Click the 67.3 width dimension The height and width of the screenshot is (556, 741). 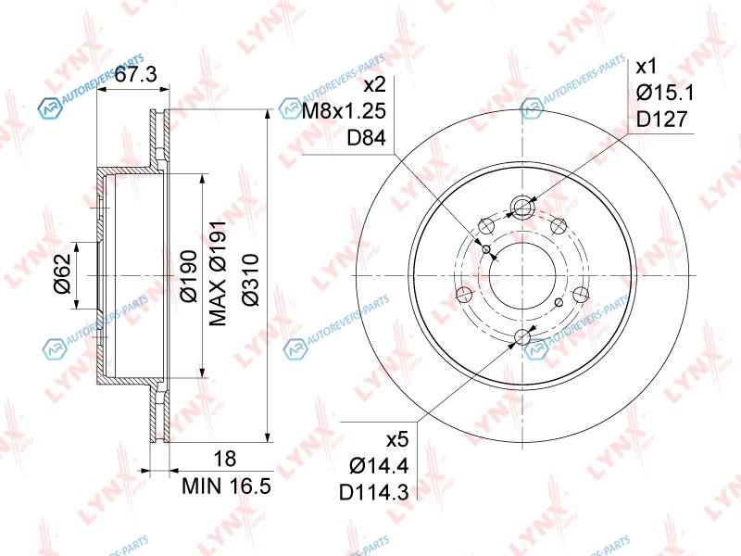coord(136,74)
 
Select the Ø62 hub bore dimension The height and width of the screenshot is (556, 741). coord(62,273)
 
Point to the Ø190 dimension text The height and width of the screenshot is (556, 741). coord(189,276)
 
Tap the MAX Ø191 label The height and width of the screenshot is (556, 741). coord(218,272)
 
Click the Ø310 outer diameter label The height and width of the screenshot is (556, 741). coord(250,280)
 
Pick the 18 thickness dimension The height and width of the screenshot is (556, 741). coord(225,459)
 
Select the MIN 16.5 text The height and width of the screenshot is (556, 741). coord(227,486)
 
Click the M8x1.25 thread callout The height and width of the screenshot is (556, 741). coord(344,111)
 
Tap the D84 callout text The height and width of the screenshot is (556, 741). coord(367,137)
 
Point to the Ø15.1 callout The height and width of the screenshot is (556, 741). coord(665,93)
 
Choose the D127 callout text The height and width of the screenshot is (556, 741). coord(661,120)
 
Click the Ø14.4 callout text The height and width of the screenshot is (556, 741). coord(379,466)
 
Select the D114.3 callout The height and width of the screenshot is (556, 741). coord(374,493)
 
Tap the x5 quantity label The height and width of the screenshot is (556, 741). coord(397,440)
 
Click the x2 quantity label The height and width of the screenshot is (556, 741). coord(375,85)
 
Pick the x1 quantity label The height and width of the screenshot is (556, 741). coord(647,67)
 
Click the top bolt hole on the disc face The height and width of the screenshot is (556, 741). coord(522,207)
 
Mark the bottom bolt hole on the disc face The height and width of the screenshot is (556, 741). coord(522,337)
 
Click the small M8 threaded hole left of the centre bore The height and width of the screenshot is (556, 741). coord(487,248)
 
